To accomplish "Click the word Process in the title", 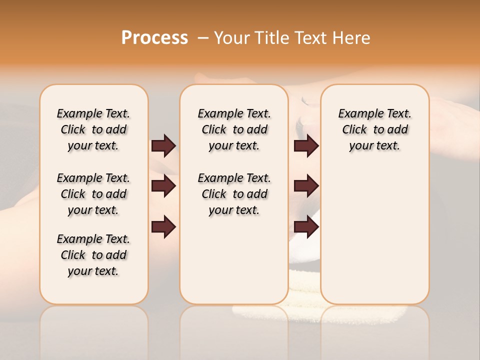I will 154,38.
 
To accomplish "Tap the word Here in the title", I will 352,38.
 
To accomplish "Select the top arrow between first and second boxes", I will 163,146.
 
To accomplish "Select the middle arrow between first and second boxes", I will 163,186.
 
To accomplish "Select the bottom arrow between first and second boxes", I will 163,226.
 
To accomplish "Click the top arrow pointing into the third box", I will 306,146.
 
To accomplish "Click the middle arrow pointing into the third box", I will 306,186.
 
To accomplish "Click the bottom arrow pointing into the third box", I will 306,226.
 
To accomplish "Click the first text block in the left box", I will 93,129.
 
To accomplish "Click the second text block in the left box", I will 93,194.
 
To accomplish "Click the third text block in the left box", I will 93,255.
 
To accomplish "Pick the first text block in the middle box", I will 234,129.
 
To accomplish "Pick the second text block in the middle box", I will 234,194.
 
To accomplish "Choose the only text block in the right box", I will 374,129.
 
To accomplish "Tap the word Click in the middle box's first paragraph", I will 214,130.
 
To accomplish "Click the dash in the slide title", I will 203,38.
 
